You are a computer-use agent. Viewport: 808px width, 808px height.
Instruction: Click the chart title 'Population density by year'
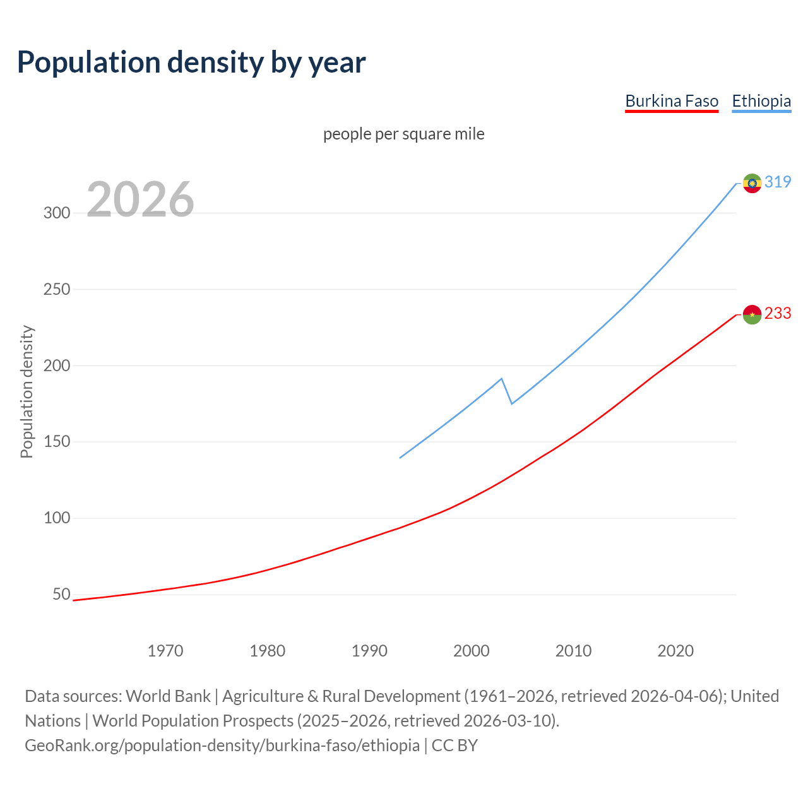click(x=191, y=62)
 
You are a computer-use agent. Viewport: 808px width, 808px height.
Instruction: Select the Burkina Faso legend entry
click(x=672, y=101)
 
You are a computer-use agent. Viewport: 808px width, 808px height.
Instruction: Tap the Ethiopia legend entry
click(x=761, y=101)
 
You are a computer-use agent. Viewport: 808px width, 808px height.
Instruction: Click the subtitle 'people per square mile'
click(x=404, y=134)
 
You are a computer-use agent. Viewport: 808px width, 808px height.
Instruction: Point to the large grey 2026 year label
click(x=140, y=199)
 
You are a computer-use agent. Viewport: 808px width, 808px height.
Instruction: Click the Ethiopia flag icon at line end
click(x=752, y=183)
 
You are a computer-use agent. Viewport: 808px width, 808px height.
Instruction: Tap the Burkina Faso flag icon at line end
click(x=752, y=314)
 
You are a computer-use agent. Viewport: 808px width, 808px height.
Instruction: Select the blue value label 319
click(x=778, y=182)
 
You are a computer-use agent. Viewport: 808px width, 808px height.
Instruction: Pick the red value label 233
click(x=778, y=313)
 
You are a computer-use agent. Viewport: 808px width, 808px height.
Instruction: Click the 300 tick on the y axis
click(x=57, y=213)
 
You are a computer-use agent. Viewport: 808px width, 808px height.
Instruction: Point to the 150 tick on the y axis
click(x=57, y=442)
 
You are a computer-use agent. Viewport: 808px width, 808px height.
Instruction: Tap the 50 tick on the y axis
click(x=61, y=594)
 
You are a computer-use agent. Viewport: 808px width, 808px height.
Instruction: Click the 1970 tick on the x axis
click(x=165, y=651)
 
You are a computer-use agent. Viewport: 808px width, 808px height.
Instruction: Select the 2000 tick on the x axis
click(x=472, y=651)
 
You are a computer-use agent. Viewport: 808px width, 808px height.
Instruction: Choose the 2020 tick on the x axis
click(x=675, y=651)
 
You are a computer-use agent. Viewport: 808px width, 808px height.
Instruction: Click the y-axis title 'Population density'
click(x=27, y=391)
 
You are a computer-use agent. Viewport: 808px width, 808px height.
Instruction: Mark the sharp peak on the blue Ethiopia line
click(x=501, y=379)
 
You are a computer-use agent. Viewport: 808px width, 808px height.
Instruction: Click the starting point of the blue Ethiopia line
click(x=400, y=458)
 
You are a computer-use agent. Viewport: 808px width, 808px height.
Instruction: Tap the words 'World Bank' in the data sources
click(x=168, y=696)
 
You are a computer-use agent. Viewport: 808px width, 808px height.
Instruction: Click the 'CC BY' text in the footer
click(x=454, y=746)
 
